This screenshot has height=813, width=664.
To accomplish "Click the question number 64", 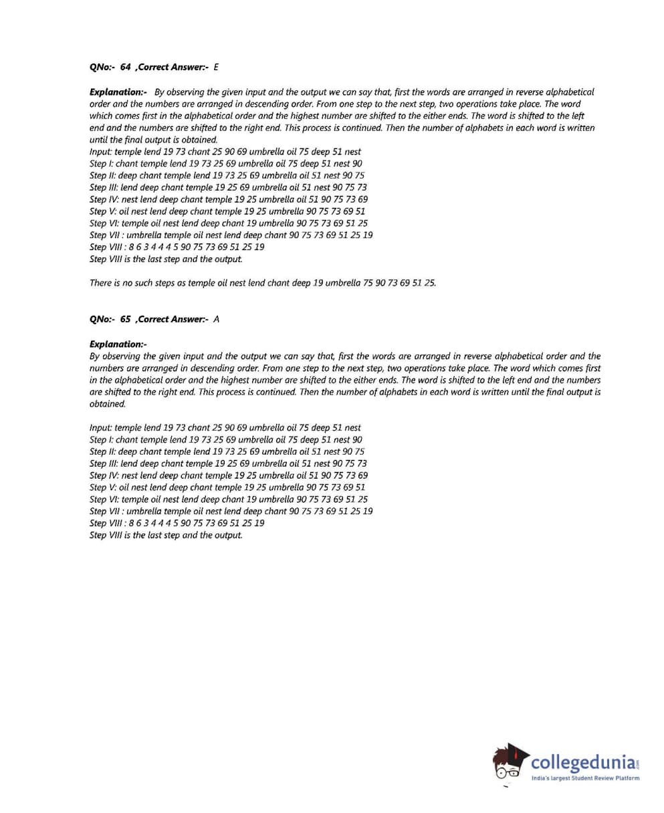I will coord(126,67).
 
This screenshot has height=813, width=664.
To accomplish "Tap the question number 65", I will coord(126,319).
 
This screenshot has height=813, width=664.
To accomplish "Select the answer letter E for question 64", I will coord(216,67).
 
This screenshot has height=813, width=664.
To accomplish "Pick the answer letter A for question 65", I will coord(216,319).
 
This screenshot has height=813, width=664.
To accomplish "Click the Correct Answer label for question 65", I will coord(173,319).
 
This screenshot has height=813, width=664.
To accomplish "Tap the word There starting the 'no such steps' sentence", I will coord(100,283).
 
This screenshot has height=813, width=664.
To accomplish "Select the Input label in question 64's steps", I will coord(101,152).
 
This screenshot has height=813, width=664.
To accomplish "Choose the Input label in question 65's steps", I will coord(101,428).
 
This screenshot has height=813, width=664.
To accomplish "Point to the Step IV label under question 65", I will coord(105,475).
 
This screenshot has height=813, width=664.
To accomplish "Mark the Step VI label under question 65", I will coord(105,499).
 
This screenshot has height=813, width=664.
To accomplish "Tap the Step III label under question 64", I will coord(105,188).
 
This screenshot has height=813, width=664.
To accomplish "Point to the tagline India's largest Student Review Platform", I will coord(585,778).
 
